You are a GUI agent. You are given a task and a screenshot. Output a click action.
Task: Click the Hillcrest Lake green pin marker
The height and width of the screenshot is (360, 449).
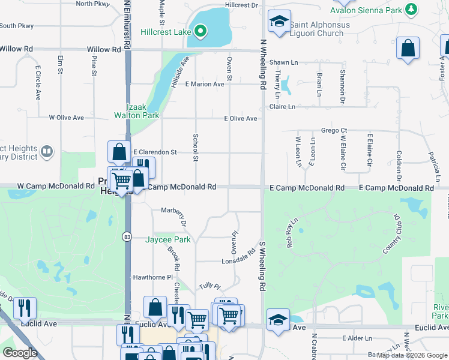[202, 31]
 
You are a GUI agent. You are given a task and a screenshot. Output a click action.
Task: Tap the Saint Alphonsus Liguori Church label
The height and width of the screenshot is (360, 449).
[316, 29]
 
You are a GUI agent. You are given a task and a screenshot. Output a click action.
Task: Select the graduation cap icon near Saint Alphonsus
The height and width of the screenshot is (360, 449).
[278, 22]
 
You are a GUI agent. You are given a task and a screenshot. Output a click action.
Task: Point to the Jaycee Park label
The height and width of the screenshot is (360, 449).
[168, 240]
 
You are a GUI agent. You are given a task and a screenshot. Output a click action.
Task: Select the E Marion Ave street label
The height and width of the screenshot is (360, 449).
[205, 84]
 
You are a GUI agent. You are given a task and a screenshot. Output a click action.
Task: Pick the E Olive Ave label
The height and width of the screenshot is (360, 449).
[241, 119]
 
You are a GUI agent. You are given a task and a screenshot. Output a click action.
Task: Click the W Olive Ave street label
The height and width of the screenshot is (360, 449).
[66, 118]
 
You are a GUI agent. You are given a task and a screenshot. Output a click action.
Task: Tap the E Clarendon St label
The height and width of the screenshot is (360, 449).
[154, 152]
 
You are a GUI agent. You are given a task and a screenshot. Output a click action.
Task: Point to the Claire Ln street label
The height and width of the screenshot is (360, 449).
[282, 107]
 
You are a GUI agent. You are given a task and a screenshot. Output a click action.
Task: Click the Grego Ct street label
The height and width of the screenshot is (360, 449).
[334, 130]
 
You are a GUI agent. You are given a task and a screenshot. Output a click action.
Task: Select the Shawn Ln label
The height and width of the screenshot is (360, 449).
[283, 62]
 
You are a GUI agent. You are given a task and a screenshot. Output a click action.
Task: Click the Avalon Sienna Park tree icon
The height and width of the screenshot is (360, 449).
[411, 9]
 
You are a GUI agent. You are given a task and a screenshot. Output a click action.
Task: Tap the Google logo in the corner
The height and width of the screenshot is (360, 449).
[20, 353]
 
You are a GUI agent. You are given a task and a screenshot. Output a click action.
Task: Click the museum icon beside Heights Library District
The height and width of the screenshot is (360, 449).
[47, 152]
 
